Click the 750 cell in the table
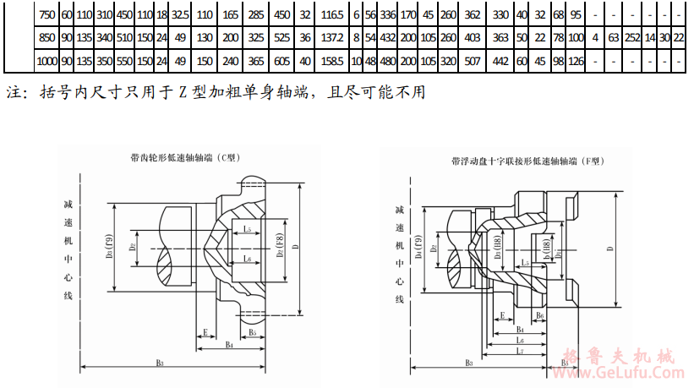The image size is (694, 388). click(x=46, y=14)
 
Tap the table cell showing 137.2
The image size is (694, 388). click(x=333, y=38)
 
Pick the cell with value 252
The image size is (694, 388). click(x=631, y=38)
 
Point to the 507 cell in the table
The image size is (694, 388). click(x=472, y=61)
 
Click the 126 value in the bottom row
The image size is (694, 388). click(x=577, y=61)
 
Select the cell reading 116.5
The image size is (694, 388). click(x=333, y=14)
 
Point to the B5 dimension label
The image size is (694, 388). click(x=252, y=332)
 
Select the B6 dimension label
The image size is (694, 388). click(x=539, y=314)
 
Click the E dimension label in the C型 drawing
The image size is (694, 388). click(x=205, y=334)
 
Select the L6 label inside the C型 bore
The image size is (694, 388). click(x=246, y=259)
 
